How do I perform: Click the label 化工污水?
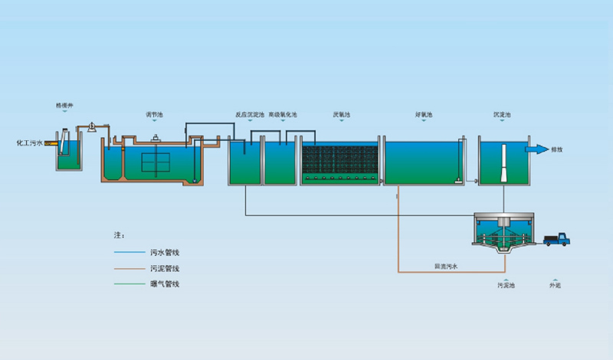pos(29,142)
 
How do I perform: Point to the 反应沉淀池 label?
pos(250,116)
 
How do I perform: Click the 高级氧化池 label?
pos(283,116)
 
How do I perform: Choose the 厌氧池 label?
pos(342,116)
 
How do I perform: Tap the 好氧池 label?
pos(425,116)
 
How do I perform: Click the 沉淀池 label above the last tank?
pos(503,116)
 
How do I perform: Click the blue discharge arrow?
pos(536,149)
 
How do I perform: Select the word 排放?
pos(557,150)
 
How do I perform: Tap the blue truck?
pos(557,240)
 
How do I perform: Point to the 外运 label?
pos(555,285)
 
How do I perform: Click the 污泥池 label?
pos(506,285)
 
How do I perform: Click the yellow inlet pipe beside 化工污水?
pos(51,142)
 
